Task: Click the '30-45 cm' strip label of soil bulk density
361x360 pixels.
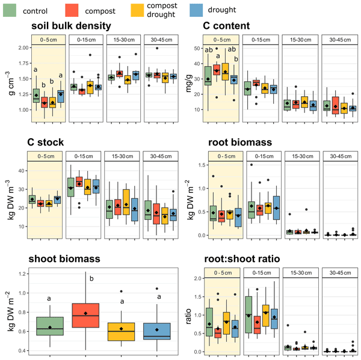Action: pos(161,40)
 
